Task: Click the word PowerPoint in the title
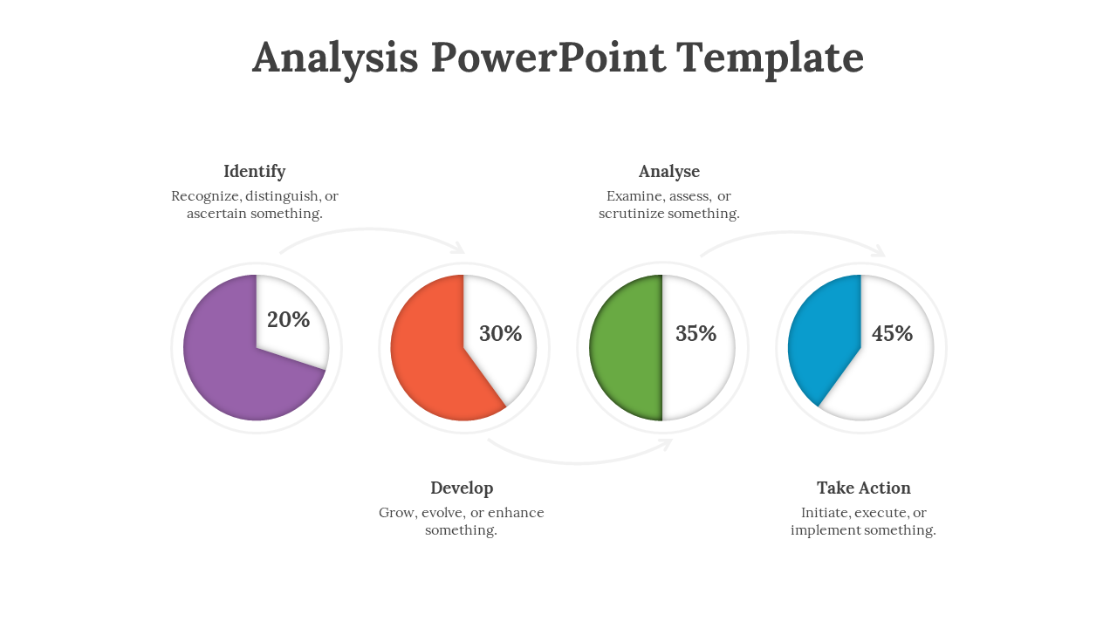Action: click(x=548, y=57)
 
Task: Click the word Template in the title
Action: click(x=770, y=58)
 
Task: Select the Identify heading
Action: click(x=254, y=172)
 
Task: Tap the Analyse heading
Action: click(x=669, y=172)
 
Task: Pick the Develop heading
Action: click(x=462, y=488)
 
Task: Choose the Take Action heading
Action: click(x=864, y=488)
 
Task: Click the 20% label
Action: click(x=288, y=319)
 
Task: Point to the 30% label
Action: click(x=501, y=333)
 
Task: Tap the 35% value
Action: click(x=696, y=333)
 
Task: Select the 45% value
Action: click(x=892, y=333)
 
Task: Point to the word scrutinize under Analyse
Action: click(x=631, y=214)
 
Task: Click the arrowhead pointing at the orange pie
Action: click(x=459, y=248)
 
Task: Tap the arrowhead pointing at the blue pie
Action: click(x=880, y=250)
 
